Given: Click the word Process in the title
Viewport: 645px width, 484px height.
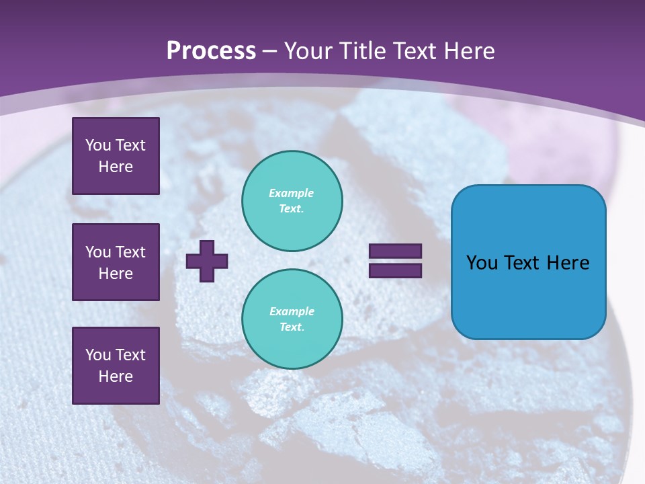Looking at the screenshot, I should click(x=211, y=51).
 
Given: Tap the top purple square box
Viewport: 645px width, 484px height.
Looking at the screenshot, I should click(x=116, y=156).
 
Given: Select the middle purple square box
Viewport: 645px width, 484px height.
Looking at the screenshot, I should click(x=116, y=262).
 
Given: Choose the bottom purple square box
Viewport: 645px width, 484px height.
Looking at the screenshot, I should click(x=116, y=366).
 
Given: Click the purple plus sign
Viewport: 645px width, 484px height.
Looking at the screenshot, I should click(x=207, y=261).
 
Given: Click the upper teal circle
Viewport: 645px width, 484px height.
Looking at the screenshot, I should click(x=292, y=201).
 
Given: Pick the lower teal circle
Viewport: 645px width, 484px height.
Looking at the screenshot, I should click(x=292, y=319).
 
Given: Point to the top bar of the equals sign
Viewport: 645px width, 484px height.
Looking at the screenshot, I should click(x=395, y=251).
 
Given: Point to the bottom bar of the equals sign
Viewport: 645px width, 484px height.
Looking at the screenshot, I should click(x=395, y=271).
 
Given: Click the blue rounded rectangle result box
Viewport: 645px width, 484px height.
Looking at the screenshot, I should click(x=528, y=296).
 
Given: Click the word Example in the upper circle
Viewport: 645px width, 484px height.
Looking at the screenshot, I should click(x=292, y=193).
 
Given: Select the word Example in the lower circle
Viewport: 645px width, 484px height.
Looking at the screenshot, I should click(x=292, y=311).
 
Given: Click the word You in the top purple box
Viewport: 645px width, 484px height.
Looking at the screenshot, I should click(x=98, y=145).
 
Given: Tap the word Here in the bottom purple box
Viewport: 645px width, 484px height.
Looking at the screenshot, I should click(x=116, y=376).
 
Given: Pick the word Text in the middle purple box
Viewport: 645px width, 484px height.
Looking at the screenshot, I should click(x=130, y=252).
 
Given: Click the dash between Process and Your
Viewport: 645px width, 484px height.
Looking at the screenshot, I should click(x=270, y=51).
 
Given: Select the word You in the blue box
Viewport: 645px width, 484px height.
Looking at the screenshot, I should click(x=482, y=263).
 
